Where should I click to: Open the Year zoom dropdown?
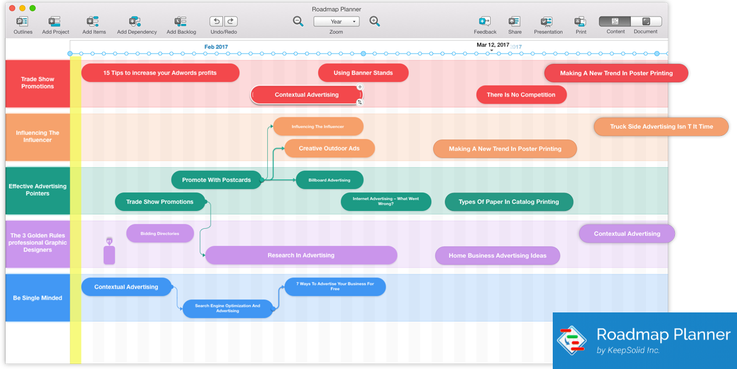pos(336,22)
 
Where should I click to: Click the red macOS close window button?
pos(12,9)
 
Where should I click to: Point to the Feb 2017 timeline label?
pos(216,47)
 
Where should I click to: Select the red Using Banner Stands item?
pos(363,73)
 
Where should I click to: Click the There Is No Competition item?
pos(521,95)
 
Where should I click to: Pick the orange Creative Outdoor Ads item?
pos(329,148)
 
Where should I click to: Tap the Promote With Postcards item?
pos(216,180)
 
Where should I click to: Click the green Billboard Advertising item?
pos(329,180)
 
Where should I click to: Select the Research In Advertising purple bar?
pos(301,255)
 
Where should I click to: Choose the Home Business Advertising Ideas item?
pos(497,256)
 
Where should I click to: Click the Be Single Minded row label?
pos(37,298)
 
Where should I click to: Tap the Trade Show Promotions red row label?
pos(37,83)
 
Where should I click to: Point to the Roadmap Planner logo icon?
pos(572,340)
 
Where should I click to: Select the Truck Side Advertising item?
pos(661,127)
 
